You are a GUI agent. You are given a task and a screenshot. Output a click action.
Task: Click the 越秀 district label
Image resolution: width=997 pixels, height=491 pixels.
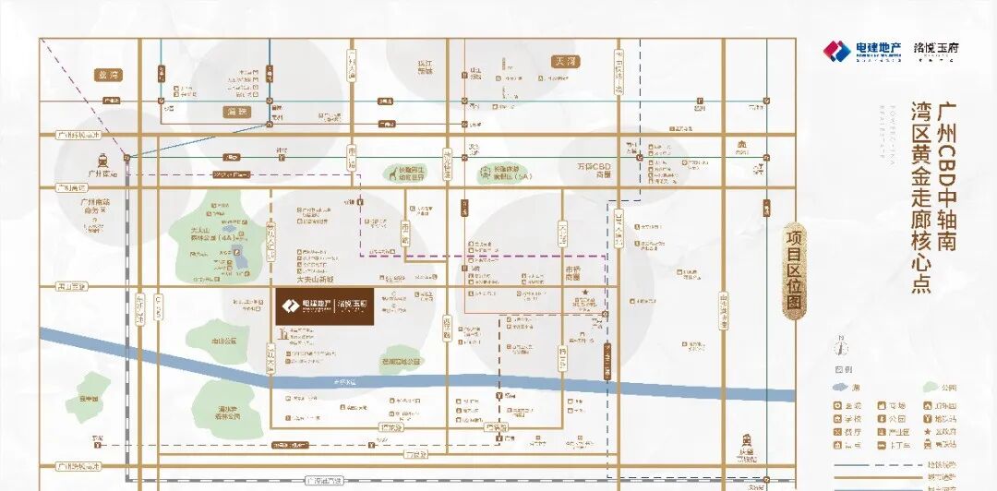[108, 74]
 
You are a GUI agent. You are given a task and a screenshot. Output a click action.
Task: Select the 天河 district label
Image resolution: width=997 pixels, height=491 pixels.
[565, 62]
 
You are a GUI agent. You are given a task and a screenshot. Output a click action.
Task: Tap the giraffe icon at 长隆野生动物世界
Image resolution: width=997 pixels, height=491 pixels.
[393, 171]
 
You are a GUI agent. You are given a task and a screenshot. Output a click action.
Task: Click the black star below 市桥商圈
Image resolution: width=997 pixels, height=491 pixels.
[584, 292]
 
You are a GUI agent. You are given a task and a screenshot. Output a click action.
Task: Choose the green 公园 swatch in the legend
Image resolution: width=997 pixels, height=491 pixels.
[929, 387]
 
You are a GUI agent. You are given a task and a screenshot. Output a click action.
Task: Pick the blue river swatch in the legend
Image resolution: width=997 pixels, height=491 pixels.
[841, 387]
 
